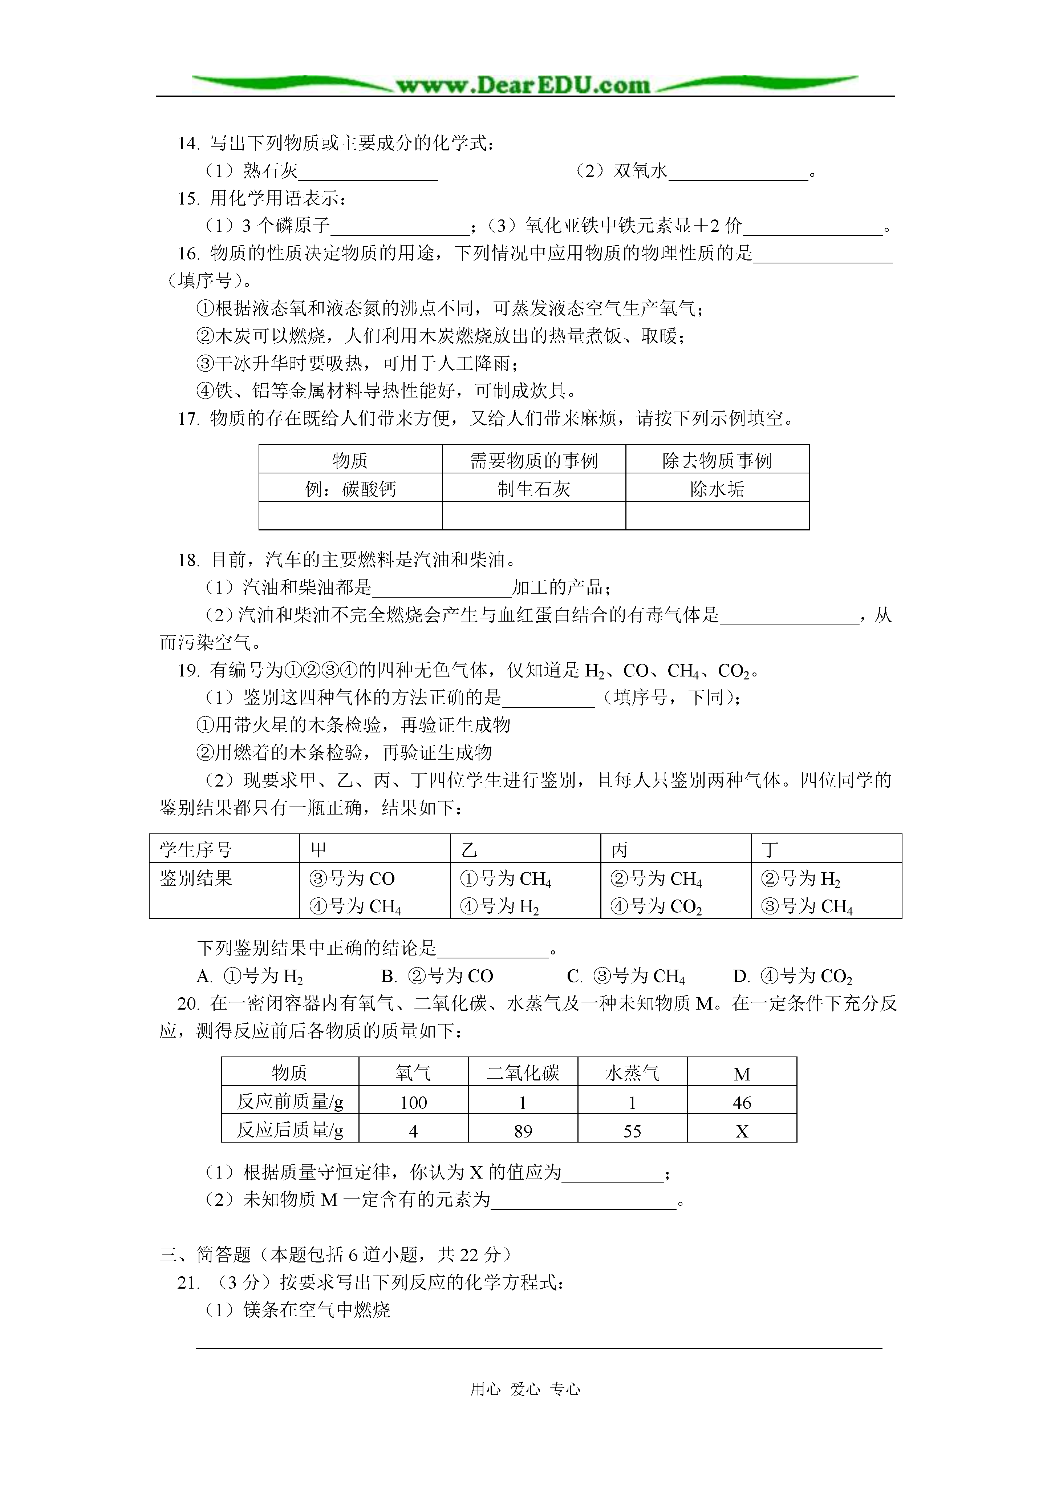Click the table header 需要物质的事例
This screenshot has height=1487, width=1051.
pos(533,460)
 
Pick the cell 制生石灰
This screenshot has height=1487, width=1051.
pos(533,489)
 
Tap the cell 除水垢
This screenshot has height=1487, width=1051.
pos(717,489)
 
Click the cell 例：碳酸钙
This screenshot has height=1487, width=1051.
pos(350,489)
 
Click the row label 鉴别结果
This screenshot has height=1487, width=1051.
pos(196,878)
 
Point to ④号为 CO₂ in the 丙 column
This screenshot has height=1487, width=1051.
pos(656,906)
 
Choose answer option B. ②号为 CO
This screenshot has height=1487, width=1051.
pos(438,976)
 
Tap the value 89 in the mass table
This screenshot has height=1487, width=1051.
pos(523,1131)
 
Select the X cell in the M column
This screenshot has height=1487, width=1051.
pos(742,1131)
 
